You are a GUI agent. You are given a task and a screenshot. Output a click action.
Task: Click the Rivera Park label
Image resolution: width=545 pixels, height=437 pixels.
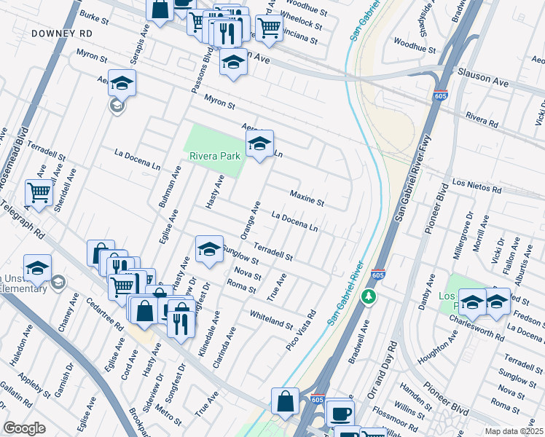pyautogui.click(x=215, y=156)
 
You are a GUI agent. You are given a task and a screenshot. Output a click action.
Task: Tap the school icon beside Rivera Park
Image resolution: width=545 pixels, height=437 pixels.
pyautogui.click(x=259, y=145)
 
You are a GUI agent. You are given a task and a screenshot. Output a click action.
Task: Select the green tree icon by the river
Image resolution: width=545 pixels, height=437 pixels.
pyautogui.click(x=369, y=297)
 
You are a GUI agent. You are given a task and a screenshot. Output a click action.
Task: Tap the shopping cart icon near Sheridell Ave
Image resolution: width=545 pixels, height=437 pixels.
pyautogui.click(x=39, y=193)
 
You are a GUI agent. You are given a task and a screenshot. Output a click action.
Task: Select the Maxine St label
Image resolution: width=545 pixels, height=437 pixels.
pyautogui.click(x=307, y=196)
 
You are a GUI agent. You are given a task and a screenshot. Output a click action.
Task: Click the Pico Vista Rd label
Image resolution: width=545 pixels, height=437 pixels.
pyautogui.click(x=301, y=331)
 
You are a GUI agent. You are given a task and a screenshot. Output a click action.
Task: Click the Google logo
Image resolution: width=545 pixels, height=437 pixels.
pyautogui.click(x=24, y=428)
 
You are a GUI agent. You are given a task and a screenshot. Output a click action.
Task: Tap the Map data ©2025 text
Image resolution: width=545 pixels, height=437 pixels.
pyautogui.click(x=514, y=431)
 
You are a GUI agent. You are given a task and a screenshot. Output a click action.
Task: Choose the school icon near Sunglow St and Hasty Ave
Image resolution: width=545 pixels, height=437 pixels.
pyautogui.click(x=209, y=251)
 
